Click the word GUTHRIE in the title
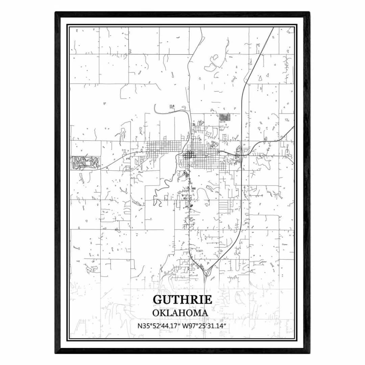182,300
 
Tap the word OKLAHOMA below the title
180,313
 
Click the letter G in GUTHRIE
157,300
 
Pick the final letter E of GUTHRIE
208,300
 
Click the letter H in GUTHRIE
185,300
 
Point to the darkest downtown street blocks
189,155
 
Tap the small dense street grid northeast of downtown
224,117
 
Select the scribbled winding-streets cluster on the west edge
84,162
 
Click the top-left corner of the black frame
56,13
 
